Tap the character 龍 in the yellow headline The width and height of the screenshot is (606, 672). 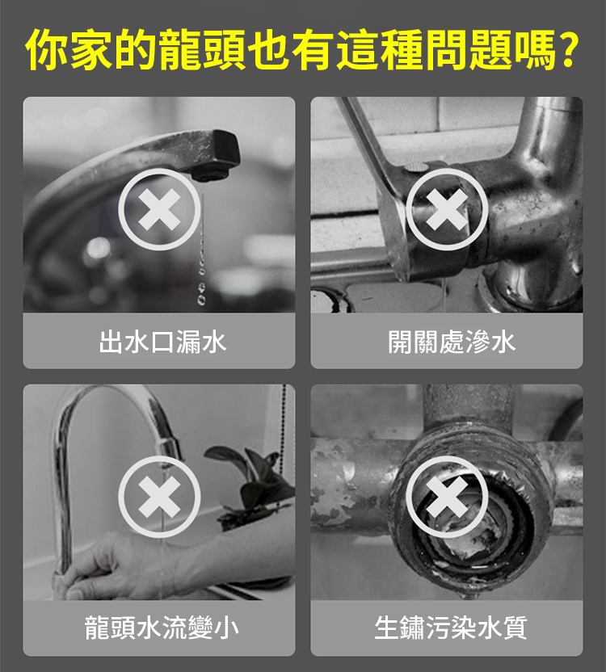pyautogui.click(x=179, y=50)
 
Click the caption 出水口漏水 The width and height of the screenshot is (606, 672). pyautogui.click(x=162, y=342)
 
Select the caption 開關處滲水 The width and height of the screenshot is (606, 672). pyautogui.click(x=451, y=342)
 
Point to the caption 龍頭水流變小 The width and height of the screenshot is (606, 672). pyautogui.click(x=162, y=628)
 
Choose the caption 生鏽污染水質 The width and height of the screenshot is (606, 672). pyautogui.click(x=450, y=628)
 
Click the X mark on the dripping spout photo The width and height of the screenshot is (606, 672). pyautogui.click(x=159, y=209)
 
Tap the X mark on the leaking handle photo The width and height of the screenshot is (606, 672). pyautogui.click(x=447, y=209)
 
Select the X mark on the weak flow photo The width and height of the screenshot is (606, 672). pyautogui.click(x=159, y=498)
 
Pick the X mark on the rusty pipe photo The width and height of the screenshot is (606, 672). pyautogui.click(x=447, y=498)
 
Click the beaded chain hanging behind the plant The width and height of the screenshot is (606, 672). pyautogui.click(x=283, y=429)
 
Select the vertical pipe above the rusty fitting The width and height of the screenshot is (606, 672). pyautogui.click(x=469, y=407)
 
